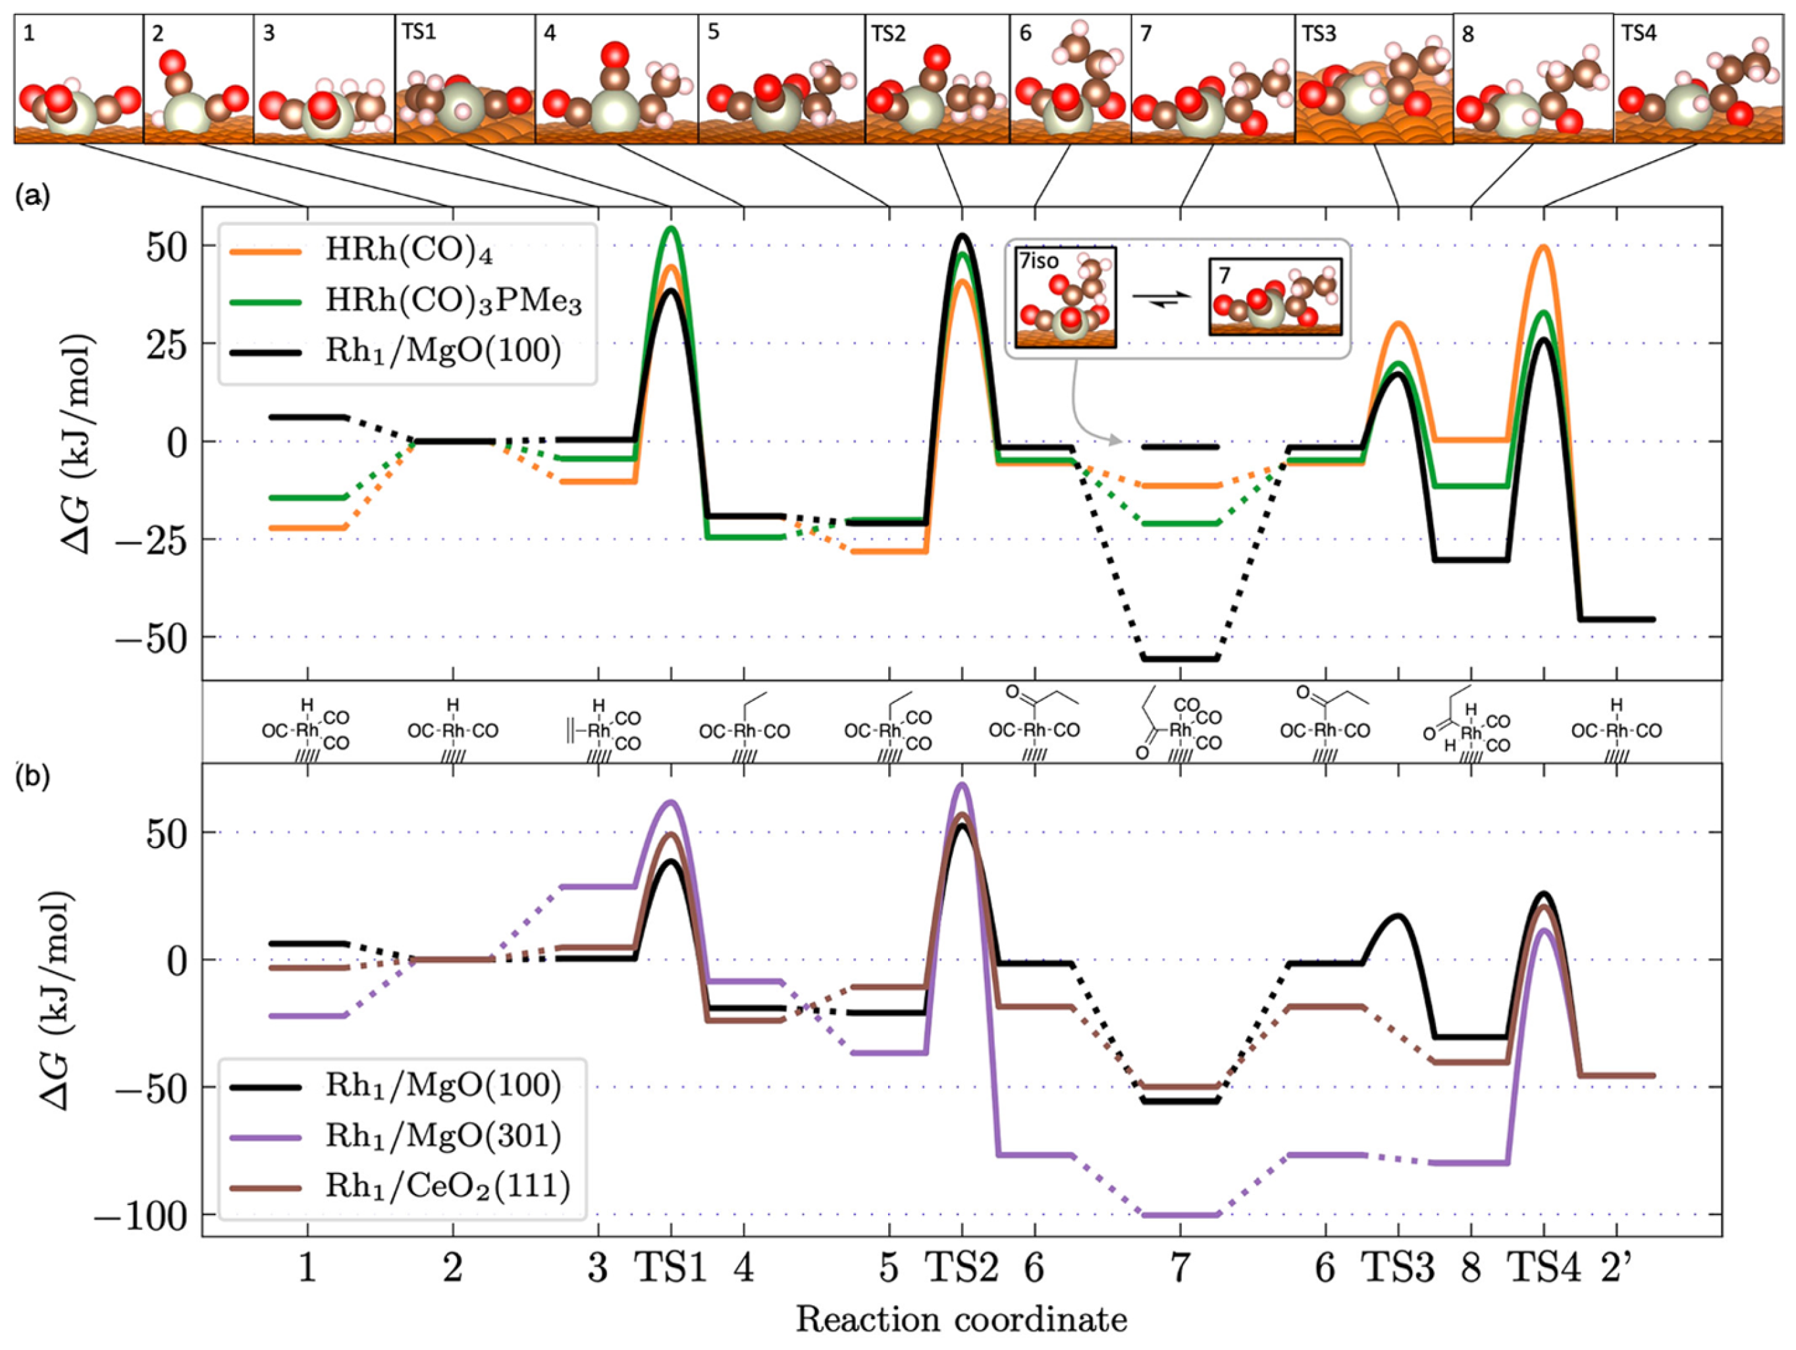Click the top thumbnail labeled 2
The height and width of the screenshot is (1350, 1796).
tap(198, 79)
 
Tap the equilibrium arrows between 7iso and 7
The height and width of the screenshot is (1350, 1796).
tap(1162, 297)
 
